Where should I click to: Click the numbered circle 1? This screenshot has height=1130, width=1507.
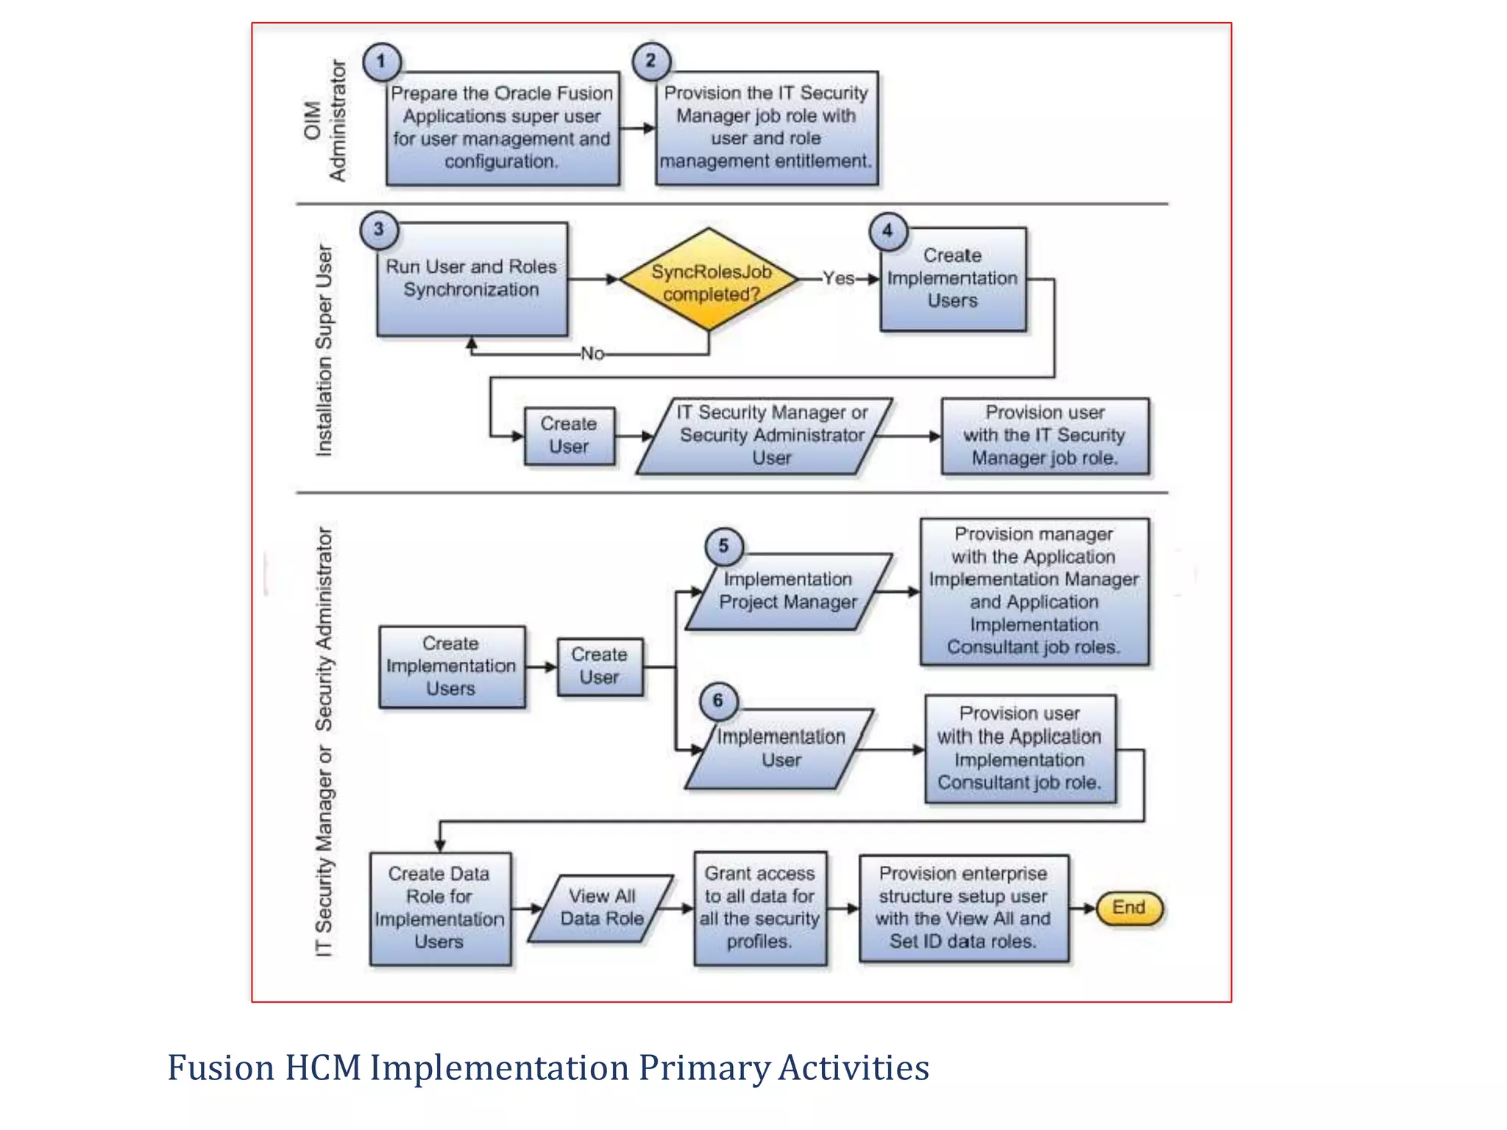pyautogui.click(x=381, y=62)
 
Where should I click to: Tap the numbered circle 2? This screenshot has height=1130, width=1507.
pyautogui.click(x=651, y=61)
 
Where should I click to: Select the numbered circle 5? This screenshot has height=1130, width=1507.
pyautogui.click(x=723, y=547)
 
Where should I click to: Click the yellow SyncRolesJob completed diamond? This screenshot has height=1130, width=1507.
pyautogui.click(x=709, y=280)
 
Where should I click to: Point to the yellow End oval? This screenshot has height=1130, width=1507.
pyautogui.click(x=1129, y=908)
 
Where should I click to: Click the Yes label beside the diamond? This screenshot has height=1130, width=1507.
pyautogui.click(x=838, y=279)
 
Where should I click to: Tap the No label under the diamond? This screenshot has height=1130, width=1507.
pyautogui.click(x=592, y=354)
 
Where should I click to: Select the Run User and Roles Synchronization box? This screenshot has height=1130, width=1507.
pyautogui.click(x=472, y=280)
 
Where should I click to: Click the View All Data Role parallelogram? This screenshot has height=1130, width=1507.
pyautogui.click(x=601, y=908)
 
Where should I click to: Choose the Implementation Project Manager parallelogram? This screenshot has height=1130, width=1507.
pyautogui.click(x=788, y=591)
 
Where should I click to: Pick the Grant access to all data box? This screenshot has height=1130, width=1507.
pyautogui.click(x=760, y=908)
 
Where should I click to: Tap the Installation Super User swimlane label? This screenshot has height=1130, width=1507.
pyautogui.click(x=325, y=350)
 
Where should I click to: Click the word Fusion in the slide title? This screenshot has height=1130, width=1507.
pyautogui.click(x=221, y=1068)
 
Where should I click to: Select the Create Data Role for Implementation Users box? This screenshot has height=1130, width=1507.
pyautogui.click(x=439, y=908)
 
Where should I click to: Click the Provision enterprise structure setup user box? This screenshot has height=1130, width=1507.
pyautogui.click(x=963, y=908)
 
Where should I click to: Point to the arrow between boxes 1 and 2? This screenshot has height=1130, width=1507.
pyautogui.click(x=637, y=129)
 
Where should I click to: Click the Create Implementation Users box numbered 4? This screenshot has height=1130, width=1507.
pyautogui.click(x=952, y=280)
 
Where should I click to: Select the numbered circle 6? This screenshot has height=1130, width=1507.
pyautogui.click(x=718, y=701)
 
